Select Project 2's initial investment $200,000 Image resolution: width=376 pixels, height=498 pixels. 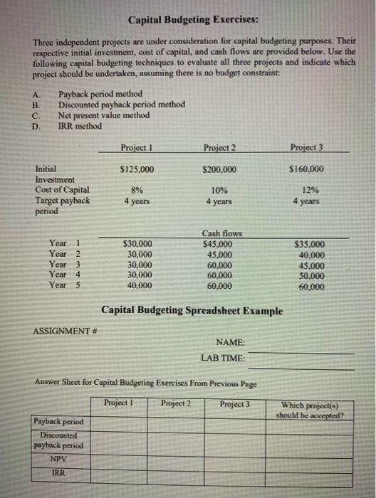219,169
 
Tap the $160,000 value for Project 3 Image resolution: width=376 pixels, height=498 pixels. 307,169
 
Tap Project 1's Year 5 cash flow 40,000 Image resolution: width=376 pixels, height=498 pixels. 138,285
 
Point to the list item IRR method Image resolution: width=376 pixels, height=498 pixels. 80,127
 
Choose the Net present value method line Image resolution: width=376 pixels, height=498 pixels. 104,115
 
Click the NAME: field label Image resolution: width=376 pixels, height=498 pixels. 229,342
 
